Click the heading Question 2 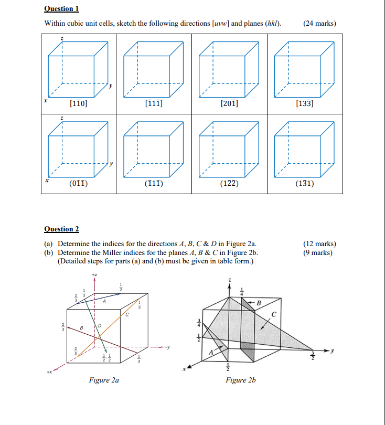61,229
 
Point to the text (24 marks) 319,23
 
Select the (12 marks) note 319,243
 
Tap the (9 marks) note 317,252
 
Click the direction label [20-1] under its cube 230,103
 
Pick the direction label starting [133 305,103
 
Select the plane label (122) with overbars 230,183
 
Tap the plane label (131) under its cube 305,183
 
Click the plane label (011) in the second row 78,183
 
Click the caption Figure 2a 103,380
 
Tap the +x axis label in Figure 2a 50,372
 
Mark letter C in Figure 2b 273,315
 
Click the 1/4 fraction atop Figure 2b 242,291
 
